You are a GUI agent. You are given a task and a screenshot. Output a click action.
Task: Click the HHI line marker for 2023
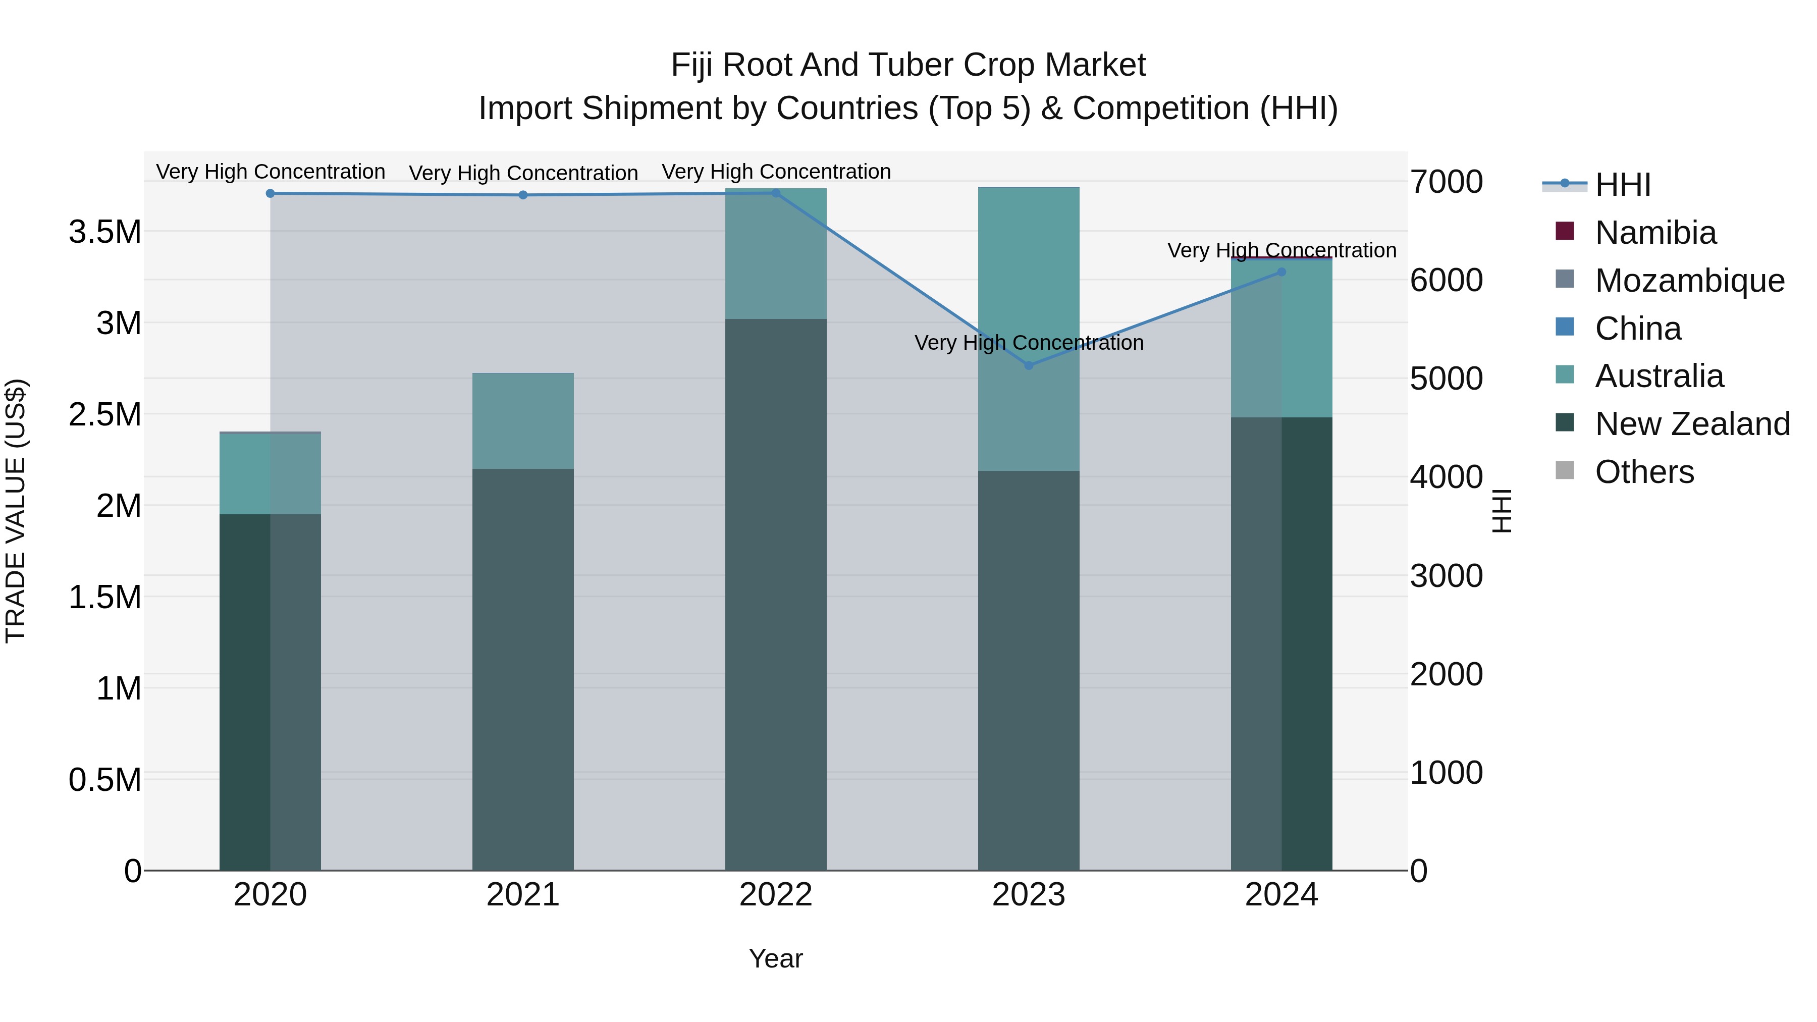click(x=1029, y=365)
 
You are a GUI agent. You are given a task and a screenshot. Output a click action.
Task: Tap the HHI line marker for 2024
click(x=1281, y=272)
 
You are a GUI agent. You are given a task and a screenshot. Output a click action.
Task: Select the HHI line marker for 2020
click(x=270, y=193)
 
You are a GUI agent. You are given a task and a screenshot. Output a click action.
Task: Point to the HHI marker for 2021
click(x=523, y=195)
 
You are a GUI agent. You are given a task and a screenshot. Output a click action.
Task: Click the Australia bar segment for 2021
click(x=523, y=421)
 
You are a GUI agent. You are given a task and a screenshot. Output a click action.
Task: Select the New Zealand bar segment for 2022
click(x=775, y=594)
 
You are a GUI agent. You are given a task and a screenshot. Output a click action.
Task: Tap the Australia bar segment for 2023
click(x=1029, y=329)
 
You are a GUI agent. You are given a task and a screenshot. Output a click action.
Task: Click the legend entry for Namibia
click(x=1655, y=233)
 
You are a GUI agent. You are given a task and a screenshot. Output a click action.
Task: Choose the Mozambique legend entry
click(x=1689, y=281)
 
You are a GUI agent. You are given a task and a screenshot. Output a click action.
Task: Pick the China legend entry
click(x=1638, y=329)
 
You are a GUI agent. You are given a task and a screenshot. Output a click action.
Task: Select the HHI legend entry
click(x=1622, y=185)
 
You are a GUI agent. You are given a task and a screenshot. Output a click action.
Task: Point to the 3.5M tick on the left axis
click(x=104, y=232)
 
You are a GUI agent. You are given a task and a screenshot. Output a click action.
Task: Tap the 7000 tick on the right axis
click(x=1446, y=182)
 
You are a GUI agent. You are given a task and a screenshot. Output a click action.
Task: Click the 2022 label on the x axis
click(x=775, y=895)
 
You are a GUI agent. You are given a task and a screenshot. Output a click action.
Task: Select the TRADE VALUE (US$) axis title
click(x=16, y=511)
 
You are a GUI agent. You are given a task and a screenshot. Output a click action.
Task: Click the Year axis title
click(x=775, y=958)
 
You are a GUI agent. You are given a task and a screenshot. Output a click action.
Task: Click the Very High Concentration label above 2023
click(x=1029, y=343)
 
